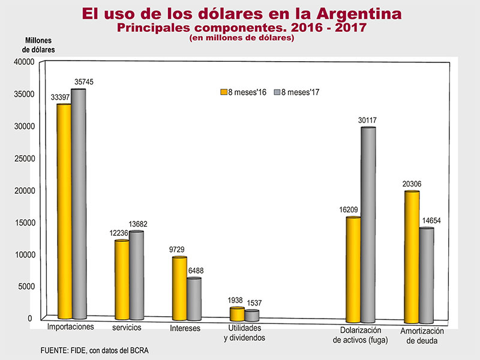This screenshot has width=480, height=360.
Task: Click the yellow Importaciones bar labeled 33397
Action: pos(64,211)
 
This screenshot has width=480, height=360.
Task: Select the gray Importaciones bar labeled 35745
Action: pos(79,204)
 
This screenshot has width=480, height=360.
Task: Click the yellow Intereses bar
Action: pos(179,289)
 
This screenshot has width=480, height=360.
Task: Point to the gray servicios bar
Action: pos(136,275)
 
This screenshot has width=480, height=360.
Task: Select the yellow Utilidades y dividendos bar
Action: pos(237,314)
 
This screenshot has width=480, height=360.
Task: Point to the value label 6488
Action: pos(194,271)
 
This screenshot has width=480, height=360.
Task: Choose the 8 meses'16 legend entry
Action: pos(242,92)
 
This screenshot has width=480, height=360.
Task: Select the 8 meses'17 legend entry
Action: pos(296,92)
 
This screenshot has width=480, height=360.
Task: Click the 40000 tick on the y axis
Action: pos(21,62)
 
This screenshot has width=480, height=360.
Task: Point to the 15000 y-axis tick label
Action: pos(21,223)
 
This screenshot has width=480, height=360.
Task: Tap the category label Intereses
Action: pos(185,328)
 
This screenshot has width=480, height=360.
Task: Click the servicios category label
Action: pos(127,328)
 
